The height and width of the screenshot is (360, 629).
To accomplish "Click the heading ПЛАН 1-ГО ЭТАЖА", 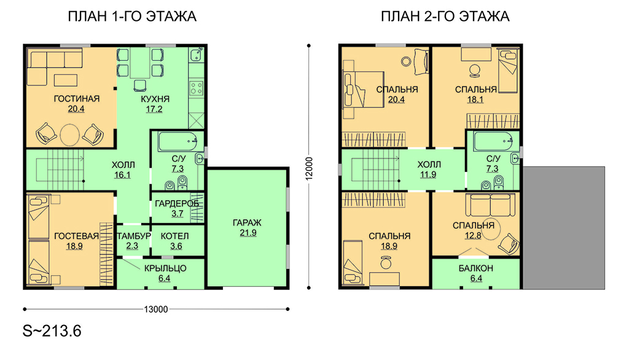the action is [x=132, y=17].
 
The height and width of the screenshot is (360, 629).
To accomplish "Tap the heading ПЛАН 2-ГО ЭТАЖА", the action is [x=445, y=17].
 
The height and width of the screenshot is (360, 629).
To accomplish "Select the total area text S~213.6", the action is [x=52, y=331].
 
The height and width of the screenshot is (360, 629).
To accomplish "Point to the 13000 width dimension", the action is [x=155, y=309].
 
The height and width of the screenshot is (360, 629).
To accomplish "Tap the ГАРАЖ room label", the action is [x=247, y=223].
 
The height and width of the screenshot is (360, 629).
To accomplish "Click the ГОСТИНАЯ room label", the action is [x=77, y=99].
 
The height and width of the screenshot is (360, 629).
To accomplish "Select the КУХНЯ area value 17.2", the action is [x=154, y=109].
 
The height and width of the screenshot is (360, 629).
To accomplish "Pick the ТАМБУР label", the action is [x=133, y=236].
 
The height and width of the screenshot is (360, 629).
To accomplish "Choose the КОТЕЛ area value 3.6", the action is [x=176, y=246].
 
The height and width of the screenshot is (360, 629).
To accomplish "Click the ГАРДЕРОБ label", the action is [x=177, y=204].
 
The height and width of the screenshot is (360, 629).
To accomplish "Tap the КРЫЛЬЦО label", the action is [x=165, y=268].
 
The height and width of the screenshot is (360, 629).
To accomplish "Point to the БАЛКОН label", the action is [x=476, y=268].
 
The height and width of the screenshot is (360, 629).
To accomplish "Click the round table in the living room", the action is [x=70, y=135].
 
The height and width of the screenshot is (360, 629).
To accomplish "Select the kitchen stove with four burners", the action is [x=196, y=88].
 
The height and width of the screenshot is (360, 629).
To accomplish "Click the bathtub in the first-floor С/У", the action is [x=178, y=142].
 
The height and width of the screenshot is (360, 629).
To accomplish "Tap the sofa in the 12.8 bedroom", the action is [x=490, y=205].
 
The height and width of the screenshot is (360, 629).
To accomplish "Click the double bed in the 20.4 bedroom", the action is [x=363, y=90].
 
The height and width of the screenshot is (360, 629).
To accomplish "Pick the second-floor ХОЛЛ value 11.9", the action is [x=428, y=174].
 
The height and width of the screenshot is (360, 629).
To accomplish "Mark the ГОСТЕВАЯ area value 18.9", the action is [x=74, y=246].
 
